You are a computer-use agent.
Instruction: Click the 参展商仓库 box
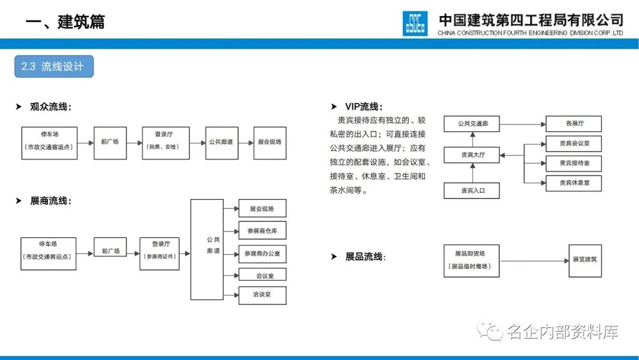point(262,230)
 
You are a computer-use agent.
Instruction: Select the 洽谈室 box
point(262,295)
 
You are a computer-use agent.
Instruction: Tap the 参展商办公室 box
point(262,253)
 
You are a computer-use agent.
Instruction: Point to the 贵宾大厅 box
point(472,156)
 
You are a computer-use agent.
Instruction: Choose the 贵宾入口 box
point(472,191)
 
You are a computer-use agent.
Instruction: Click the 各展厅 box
point(574,124)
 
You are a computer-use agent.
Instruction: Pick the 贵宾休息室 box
point(574,183)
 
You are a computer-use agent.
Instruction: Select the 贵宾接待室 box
point(574,163)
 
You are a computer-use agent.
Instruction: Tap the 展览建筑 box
point(585,261)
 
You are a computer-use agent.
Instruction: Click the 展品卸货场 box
point(472,261)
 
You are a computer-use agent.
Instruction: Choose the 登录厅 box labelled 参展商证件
point(160,253)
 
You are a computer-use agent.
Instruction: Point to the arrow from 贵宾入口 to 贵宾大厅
point(472,173)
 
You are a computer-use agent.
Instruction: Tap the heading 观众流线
point(50,107)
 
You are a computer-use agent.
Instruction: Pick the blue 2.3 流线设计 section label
point(53,67)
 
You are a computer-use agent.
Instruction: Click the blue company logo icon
point(415,24)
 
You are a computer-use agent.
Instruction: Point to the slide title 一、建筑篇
point(65,22)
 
